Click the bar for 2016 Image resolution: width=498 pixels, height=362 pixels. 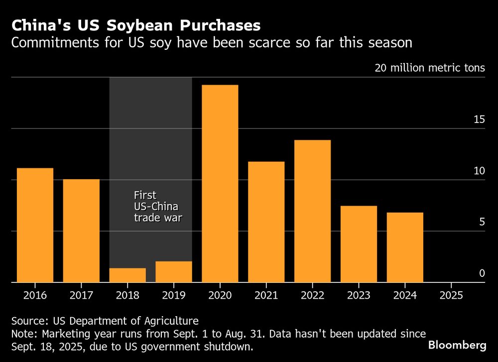point(35,225)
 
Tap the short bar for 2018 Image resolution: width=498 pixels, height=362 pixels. point(127,275)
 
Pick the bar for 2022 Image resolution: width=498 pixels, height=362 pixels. point(312,211)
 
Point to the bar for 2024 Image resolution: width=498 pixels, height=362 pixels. point(405,247)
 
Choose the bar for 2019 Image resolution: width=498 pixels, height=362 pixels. point(173,272)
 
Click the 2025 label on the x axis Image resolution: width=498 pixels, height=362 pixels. point(451,295)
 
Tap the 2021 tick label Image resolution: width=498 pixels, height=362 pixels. point(266,295)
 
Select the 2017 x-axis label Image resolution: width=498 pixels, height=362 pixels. point(81,295)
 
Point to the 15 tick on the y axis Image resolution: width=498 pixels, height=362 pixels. point(479,120)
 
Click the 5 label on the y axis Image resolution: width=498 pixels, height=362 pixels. point(482,222)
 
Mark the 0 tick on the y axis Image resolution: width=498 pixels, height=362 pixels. point(482,273)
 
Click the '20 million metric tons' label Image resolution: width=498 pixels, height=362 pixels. point(430,68)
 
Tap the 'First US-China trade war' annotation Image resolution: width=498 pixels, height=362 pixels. point(156,206)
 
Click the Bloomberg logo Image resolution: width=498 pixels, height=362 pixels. point(457,345)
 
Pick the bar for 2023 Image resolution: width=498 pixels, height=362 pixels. point(359,244)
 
